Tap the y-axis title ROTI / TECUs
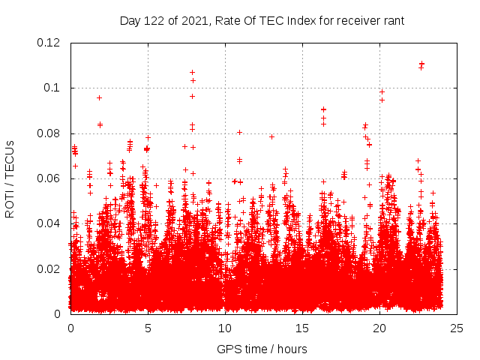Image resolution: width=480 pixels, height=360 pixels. [10, 178]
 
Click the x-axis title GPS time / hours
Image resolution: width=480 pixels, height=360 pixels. [262, 349]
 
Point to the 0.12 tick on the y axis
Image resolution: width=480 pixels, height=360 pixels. [49, 43]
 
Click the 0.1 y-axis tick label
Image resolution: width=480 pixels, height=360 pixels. [54, 88]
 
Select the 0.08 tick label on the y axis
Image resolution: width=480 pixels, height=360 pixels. [49, 133]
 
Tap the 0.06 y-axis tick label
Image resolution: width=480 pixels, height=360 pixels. [49, 178]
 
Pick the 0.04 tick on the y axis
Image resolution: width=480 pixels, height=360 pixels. [49, 223]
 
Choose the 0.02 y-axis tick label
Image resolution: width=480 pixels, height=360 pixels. [49, 268]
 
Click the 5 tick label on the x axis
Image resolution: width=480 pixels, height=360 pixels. [148, 328]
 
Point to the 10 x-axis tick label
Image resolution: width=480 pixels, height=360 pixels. [225, 328]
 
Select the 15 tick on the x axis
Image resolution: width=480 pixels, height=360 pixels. [302, 328]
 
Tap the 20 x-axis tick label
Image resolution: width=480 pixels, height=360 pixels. [379, 328]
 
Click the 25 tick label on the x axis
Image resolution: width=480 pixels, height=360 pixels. [457, 328]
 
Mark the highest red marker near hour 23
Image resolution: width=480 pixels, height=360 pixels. [421, 64]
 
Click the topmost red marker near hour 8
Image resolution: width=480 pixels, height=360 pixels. [192, 72]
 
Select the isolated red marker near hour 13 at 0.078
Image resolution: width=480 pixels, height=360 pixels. [271, 136]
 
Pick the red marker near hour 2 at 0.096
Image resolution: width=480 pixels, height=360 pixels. [99, 97]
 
